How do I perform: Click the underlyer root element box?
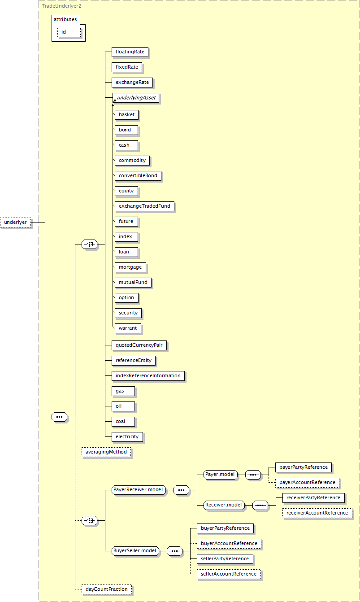pyautogui.click(x=16, y=222)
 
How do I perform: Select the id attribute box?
pyautogui.click(x=69, y=32)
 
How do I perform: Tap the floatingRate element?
pyautogui.click(x=130, y=52)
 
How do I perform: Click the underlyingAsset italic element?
pyautogui.click(x=136, y=98)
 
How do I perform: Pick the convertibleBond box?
pyautogui.click(x=138, y=176)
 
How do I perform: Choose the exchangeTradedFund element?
pyautogui.click(x=144, y=206)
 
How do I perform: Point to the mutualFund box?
pyautogui.click(x=133, y=283)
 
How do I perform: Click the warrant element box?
pyautogui.click(x=128, y=328)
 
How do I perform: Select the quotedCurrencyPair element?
pyautogui.click(x=139, y=345)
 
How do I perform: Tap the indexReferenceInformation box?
pyautogui.click(x=148, y=376)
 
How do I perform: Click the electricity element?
pyautogui.click(x=127, y=437)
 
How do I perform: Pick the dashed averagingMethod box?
pyautogui.click(x=106, y=452)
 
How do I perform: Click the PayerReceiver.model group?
pyautogui.click(x=139, y=490)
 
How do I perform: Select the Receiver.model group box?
pyautogui.click(x=224, y=505)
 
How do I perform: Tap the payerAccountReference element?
pyautogui.click(x=308, y=483)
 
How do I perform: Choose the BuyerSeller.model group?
pyautogui.click(x=135, y=551)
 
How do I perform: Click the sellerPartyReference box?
pyautogui.click(x=225, y=559)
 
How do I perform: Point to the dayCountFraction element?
pyautogui.click(x=107, y=589)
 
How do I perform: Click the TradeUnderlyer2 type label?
pyautogui.click(x=61, y=6)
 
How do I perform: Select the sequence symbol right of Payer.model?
pyautogui.click(x=253, y=475)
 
